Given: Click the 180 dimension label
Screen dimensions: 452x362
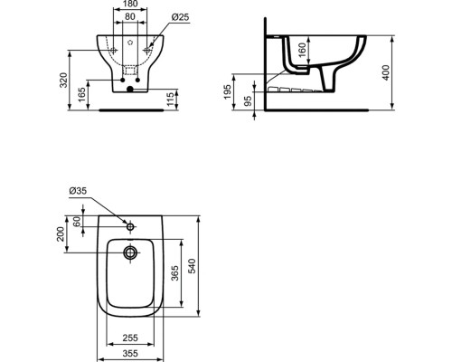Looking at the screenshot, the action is (x=130, y=4).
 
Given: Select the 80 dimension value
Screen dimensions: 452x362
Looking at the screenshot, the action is (x=130, y=16).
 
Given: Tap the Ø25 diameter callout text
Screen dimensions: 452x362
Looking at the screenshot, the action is (x=180, y=17).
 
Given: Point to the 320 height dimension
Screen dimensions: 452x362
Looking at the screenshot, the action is (x=63, y=81).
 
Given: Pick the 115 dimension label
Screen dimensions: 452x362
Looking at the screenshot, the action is (x=170, y=100).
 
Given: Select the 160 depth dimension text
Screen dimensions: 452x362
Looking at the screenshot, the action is (x=302, y=50).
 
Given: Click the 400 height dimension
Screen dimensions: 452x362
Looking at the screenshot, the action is (x=386, y=72).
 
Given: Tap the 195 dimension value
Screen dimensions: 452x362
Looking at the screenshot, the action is (x=227, y=92).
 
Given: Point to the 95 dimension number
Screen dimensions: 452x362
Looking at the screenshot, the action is (x=248, y=101).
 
